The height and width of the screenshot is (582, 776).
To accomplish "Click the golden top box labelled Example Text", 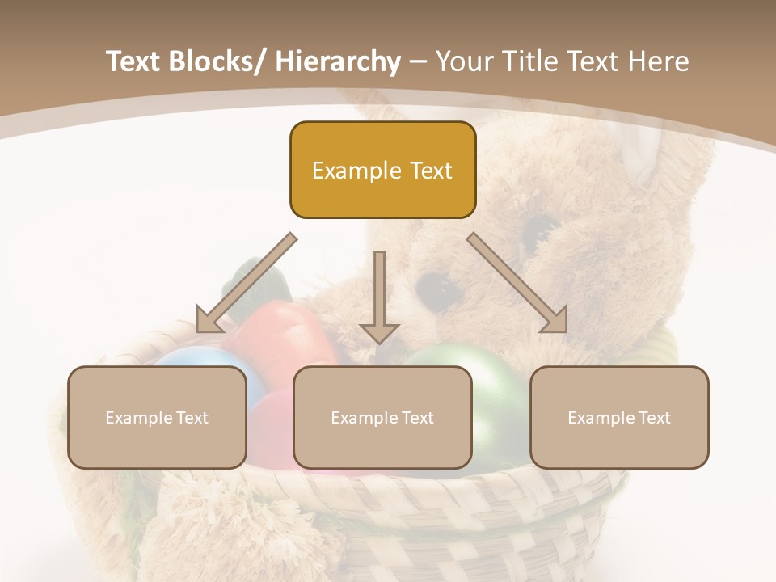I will pyautogui.click(x=382, y=170).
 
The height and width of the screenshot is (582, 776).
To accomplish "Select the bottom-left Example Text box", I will pyautogui.click(x=157, y=417).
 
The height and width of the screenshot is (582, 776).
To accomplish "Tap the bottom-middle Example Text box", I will pyautogui.click(x=382, y=417).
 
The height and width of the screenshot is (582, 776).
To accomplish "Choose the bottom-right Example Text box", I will pyautogui.click(x=619, y=417).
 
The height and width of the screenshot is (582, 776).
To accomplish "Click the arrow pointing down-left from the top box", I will pyautogui.click(x=246, y=283).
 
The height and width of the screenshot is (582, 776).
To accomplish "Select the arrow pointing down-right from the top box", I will pyautogui.click(x=517, y=283).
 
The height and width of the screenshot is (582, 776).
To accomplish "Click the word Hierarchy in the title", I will pyautogui.click(x=337, y=61).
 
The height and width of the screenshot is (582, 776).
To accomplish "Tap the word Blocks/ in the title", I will pyautogui.click(x=217, y=61).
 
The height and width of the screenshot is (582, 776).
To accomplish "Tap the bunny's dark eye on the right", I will pyautogui.click(x=536, y=230).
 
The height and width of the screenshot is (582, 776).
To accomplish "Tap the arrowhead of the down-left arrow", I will pyautogui.click(x=209, y=319).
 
